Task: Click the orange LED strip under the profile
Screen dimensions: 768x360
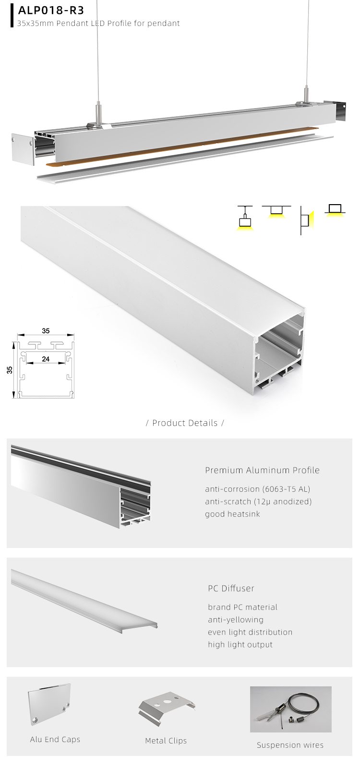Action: click(182, 146)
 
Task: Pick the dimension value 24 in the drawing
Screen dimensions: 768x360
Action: click(46, 359)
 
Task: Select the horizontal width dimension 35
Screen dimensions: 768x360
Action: click(46, 331)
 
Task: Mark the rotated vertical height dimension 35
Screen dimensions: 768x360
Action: click(10, 370)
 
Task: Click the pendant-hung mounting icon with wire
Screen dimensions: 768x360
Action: click(245, 219)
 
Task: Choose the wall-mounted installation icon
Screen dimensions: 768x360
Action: click(305, 220)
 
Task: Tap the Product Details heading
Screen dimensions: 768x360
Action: click(185, 423)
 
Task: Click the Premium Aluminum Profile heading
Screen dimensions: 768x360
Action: click(262, 470)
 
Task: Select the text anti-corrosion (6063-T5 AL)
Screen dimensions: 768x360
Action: click(257, 489)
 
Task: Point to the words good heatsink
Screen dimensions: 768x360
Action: click(232, 514)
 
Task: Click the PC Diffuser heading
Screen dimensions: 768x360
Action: click(231, 588)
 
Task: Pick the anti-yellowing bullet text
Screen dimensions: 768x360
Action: click(236, 620)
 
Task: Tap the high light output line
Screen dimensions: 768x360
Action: click(240, 645)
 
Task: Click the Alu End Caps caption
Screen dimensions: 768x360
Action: click(55, 739)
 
